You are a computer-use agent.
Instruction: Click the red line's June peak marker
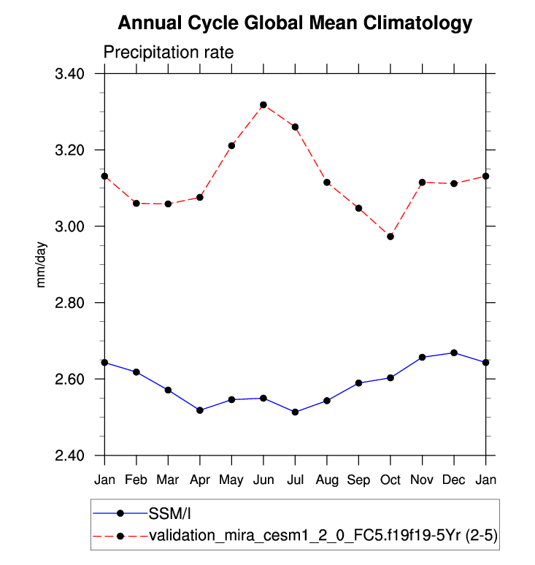click(x=263, y=105)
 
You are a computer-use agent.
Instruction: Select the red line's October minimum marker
click(x=390, y=237)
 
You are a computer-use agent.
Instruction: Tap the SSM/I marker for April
click(x=200, y=410)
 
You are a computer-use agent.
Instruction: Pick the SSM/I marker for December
click(x=454, y=353)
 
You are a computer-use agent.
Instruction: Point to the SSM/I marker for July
click(x=295, y=412)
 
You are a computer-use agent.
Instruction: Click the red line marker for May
click(x=231, y=145)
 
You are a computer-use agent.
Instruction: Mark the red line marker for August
click(x=327, y=182)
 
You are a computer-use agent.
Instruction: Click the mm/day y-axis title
click(x=42, y=264)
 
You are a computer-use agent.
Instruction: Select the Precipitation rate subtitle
click(x=168, y=53)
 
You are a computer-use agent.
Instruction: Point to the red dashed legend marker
click(x=120, y=537)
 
